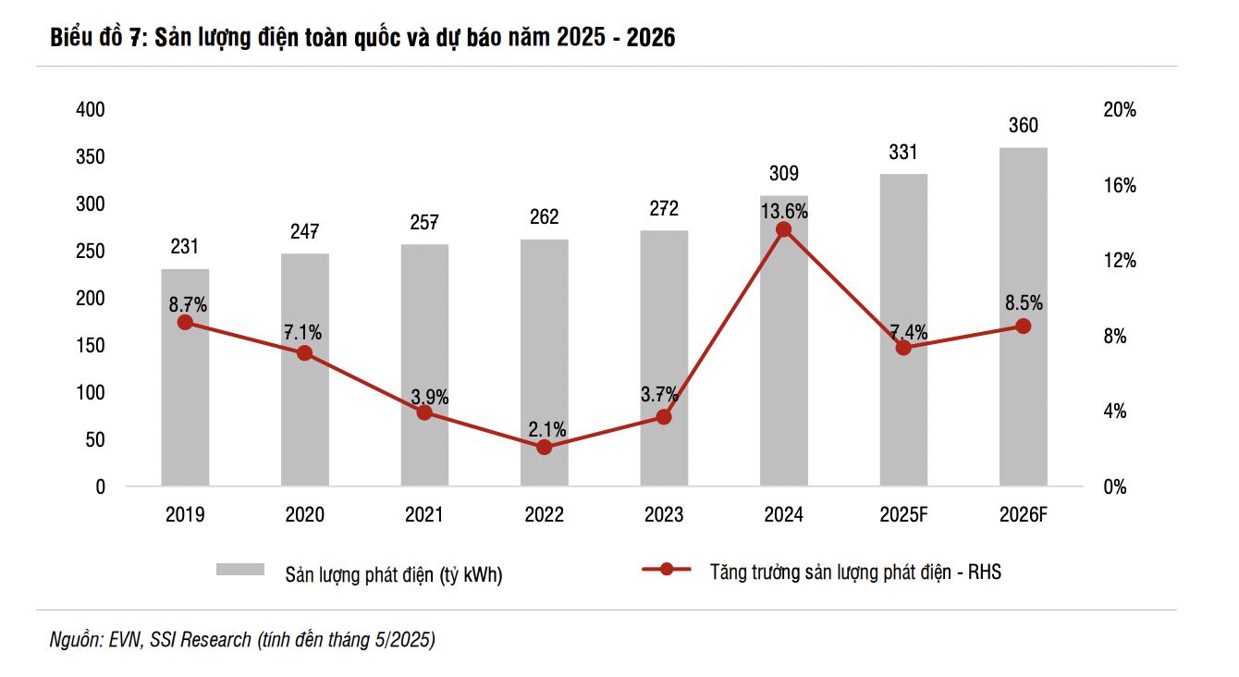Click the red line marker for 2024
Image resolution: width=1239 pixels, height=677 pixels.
[783, 229]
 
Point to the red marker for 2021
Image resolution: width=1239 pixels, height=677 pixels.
[424, 412]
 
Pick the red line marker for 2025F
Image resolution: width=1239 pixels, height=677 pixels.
[903, 348]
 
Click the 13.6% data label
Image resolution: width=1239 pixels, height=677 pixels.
[784, 211]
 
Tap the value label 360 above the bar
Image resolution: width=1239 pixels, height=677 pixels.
[1023, 126]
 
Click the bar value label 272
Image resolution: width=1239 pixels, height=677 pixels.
[664, 208]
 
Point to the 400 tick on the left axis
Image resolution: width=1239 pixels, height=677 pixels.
[90, 110]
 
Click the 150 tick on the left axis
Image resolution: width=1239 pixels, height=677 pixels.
[90, 346]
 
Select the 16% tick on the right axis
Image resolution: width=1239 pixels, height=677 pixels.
[1120, 186]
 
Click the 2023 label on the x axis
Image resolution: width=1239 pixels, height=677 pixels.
[664, 515]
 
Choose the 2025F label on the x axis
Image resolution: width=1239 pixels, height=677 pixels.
[903, 515]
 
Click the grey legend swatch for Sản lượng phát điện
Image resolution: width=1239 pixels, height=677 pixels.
[240, 570]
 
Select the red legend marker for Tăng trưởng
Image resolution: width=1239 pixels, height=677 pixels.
[667, 570]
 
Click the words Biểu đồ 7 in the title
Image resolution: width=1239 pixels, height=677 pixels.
[93, 38]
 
